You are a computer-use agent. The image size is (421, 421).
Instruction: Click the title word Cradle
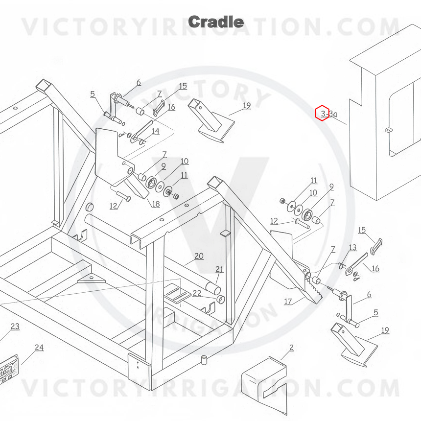[x=216, y=22]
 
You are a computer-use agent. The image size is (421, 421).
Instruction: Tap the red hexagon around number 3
[x=322, y=113]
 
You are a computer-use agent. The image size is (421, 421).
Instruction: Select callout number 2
[x=292, y=348]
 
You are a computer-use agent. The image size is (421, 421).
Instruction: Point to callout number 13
[x=352, y=247]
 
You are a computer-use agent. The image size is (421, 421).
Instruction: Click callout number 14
[x=156, y=131]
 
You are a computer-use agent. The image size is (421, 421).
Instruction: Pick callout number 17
[x=288, y=302]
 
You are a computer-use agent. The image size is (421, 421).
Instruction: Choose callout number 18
[x=156, y=204]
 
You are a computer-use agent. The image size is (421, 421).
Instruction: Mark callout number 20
[x=199, y=256]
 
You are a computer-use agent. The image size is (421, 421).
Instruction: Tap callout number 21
[x=219, y=269]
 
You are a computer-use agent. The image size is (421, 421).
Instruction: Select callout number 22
[x=197, y=293]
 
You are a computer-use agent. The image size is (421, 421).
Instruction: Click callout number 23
[x=15, y=327]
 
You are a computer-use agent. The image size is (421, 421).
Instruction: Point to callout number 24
[x=39, y=348]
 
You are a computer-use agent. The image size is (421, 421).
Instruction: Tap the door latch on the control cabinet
[x=388, y=130]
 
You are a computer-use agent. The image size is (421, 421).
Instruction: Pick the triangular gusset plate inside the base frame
[x=91, y=279]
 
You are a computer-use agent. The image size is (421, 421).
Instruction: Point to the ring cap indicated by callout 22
[x=221, y=299]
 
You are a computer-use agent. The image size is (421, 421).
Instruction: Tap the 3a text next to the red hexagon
[x=333, y=114]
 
